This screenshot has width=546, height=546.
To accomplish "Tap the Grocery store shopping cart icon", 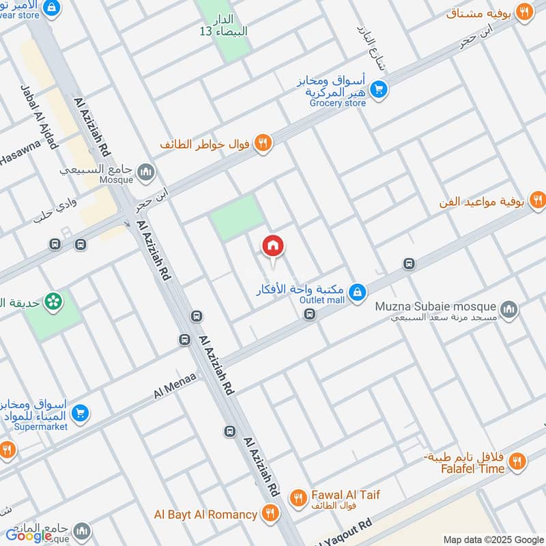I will click(379, 89).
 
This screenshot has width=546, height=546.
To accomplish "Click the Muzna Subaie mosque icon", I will click(508, 310).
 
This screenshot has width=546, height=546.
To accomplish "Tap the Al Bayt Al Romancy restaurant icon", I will click(270, 514).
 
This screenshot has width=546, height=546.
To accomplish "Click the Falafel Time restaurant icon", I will click(517, 462).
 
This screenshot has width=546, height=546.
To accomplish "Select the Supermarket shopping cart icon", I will click(81, 413).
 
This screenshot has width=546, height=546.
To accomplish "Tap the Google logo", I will click(29, 536).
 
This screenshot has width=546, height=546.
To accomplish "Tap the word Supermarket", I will click(41, 427).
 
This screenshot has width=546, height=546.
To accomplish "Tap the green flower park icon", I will click(52, 300).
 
